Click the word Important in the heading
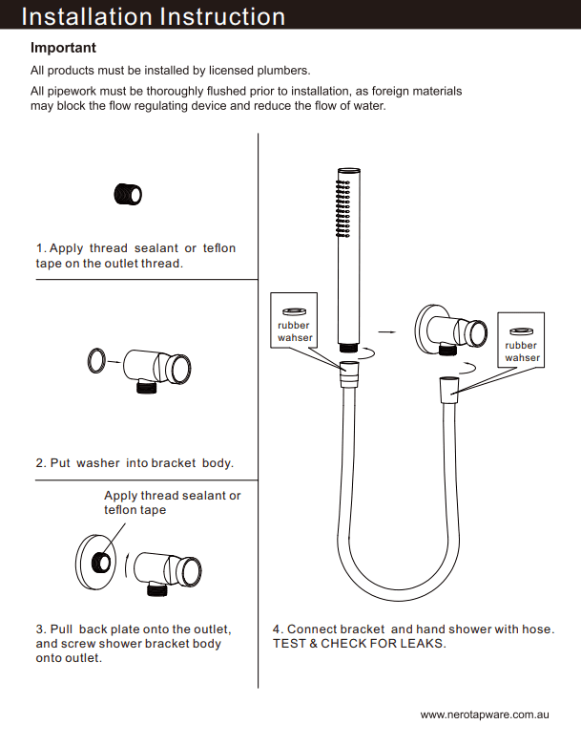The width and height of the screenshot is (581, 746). click(63, 48)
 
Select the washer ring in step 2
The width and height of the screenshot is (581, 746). click(95, 361)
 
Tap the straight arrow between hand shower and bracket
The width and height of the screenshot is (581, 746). click(386, 331)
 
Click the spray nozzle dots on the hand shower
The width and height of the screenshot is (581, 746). click(340, 205)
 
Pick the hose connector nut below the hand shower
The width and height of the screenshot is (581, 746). click(350, 370)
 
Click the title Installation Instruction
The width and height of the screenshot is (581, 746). click(153, 16)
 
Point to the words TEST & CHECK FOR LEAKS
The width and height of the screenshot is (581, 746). click(359, 644)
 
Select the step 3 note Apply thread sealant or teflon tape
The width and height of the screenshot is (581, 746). click(172, 502)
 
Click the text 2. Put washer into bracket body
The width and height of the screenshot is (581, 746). click(135, 463)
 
